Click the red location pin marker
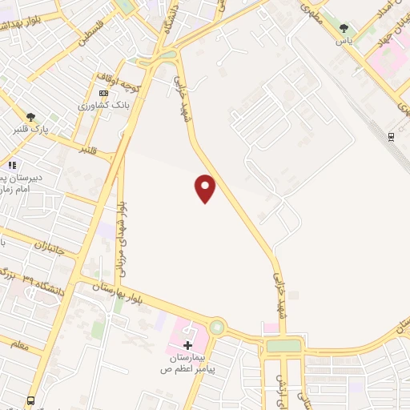[x=206, y=188]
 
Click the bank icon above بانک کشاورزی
[x=103, y=93]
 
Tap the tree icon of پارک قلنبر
[x=30, y=116]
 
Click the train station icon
[x=391, y=136]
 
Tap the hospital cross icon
[x=188, y=346]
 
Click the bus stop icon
[x=30, y=400]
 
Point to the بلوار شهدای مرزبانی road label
[x=123, y=233]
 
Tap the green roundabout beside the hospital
[x=216, y=328]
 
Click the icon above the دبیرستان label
[x=12, y=166]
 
